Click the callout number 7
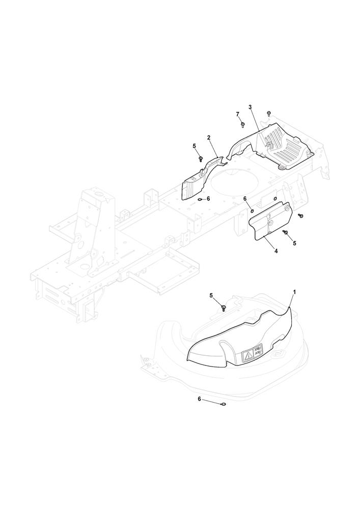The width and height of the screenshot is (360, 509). (237, 114)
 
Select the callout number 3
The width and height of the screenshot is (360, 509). (250, 107)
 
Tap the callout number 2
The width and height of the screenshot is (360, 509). (209, 137)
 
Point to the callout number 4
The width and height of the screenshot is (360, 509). (276, 251)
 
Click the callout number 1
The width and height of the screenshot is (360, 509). (294, 292)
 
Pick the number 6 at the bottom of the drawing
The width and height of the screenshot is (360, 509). (199, 399)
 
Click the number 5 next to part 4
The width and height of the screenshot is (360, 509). (294, 243)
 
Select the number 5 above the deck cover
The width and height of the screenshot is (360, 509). (211, 295)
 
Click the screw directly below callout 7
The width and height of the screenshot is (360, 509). (243, 124)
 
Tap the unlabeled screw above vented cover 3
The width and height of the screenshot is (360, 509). (268, 113)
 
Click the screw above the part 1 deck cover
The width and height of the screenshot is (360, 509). (224, 307)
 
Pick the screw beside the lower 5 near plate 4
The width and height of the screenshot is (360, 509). (286, 232)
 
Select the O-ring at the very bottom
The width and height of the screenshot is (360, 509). (223, 404)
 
